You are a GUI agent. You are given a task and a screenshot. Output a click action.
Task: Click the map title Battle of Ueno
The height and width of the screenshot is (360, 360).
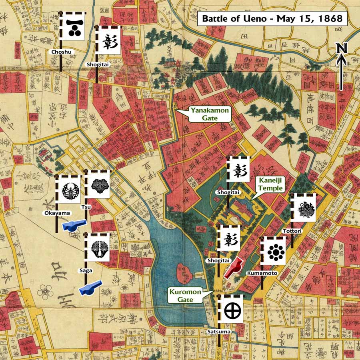pyautogui.click(x=272, y=18)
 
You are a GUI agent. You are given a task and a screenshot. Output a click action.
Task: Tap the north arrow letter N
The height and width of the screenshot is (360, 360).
pyautogui.click(x=341, y=49)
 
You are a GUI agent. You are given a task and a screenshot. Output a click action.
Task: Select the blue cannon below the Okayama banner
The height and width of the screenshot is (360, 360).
pyautogui.click(x=74, y=225)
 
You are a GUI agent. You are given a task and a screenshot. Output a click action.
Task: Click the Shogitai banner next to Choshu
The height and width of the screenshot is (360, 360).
pyautogui.click(x=108, y=41)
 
